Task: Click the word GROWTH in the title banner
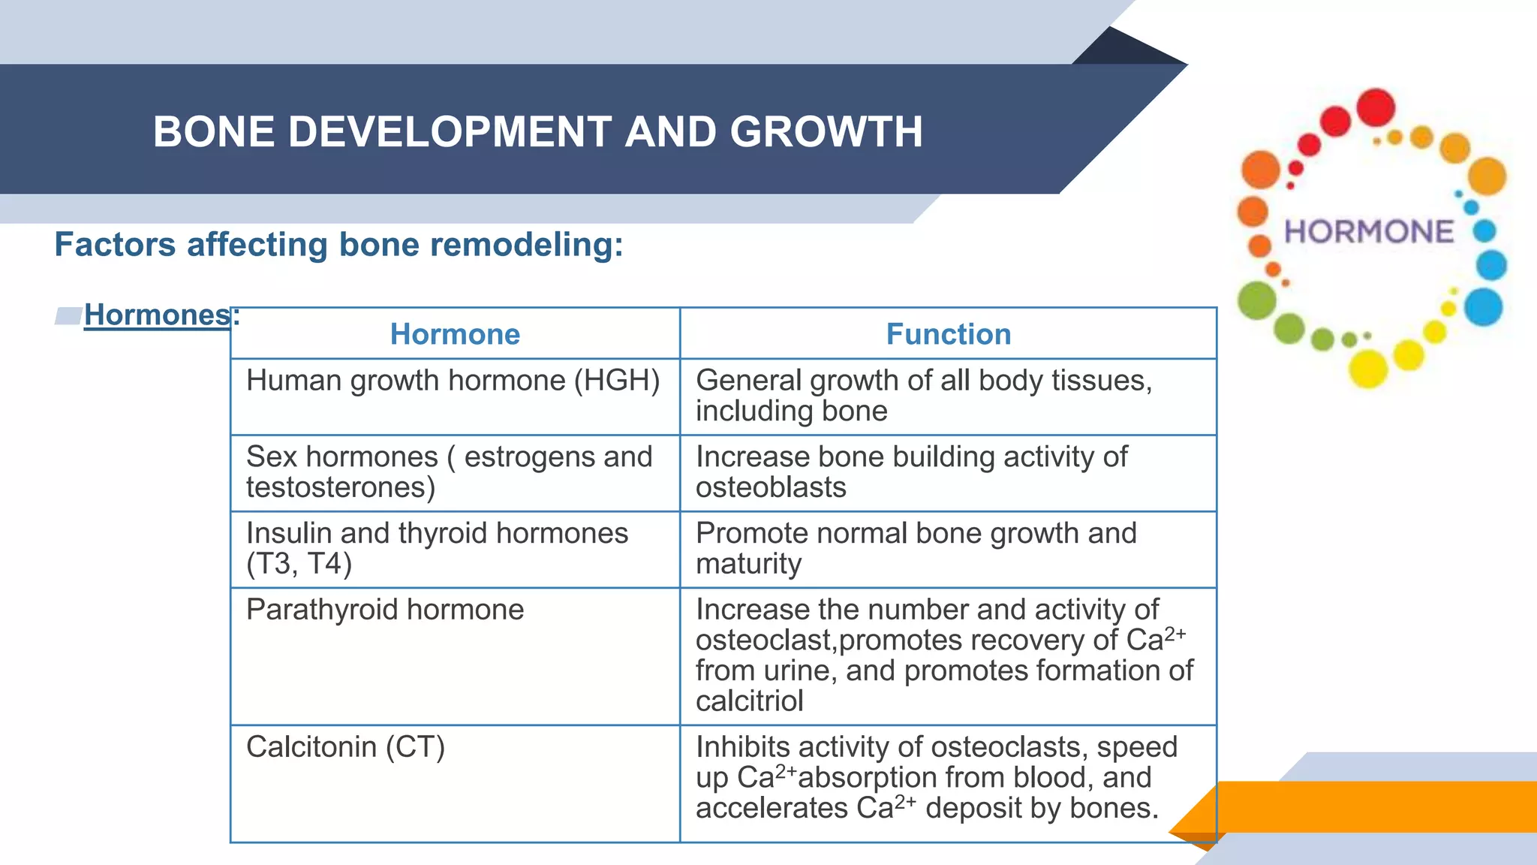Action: point(826,132)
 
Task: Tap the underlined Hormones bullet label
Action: point(157,315)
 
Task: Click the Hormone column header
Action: point(455,334)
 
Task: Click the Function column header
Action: point(948,334)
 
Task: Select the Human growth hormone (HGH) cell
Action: point(453,381)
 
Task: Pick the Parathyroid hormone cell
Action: point(384,610)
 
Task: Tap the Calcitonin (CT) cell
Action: point(345,747)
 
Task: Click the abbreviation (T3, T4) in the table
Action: point(299,564)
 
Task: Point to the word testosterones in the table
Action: point(340,488)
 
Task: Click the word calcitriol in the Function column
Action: point(749,701)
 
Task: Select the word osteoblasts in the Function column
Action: point(771,488)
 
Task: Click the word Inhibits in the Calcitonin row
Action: point(742,747)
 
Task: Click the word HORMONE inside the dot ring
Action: point(1369,232)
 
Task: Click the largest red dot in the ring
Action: point(1376,107)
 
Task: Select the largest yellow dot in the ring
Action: point(1368,369)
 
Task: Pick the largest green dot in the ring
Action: point(1256,300)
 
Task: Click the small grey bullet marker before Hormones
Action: point(68,316)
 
